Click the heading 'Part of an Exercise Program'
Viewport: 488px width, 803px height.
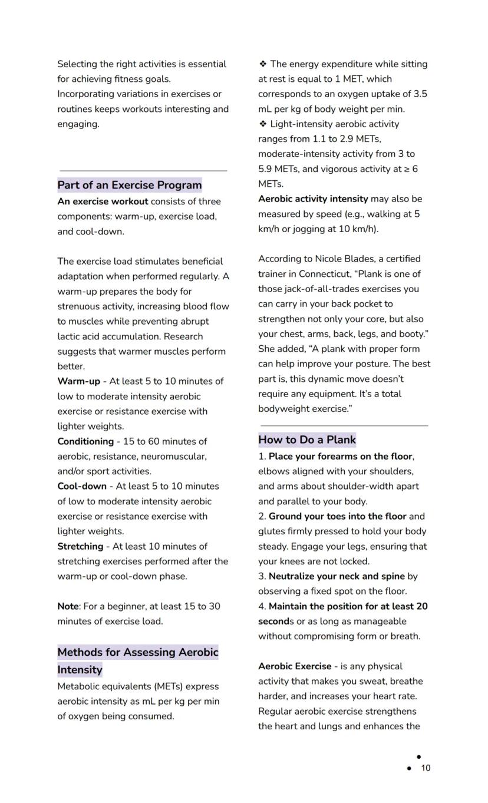coord(129,185)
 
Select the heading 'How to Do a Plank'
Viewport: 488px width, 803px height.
coord(306,439)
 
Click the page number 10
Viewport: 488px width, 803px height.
coord(426,768)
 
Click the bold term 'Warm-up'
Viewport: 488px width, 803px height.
coord(78,381)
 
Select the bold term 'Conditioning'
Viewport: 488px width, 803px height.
coord(85,441)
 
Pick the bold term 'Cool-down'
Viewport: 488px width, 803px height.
coord(82,486)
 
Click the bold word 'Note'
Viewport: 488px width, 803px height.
coord(68,606)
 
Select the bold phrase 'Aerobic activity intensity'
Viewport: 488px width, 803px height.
coord(312,199)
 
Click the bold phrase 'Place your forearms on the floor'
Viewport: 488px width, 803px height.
coord(341,457)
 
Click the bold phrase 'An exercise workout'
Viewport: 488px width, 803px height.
coord(103,201)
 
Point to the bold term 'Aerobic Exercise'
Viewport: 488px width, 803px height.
coord(295,666)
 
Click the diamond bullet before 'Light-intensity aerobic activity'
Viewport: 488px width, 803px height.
coord(262,124)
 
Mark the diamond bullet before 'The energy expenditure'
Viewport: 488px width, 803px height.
coord(262,64)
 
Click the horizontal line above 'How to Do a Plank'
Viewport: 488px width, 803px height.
coord(344,425)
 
